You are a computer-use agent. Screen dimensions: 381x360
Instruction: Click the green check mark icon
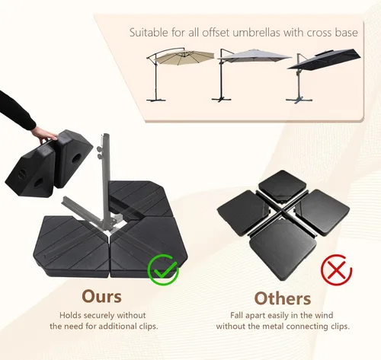coord(164,270)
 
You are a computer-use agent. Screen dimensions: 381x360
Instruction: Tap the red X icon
coord(336,269)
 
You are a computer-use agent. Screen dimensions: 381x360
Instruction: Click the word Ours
coord(101,296)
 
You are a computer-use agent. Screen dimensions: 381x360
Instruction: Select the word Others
coord(283,298)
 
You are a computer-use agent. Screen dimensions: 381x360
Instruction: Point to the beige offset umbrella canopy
coord(184,57)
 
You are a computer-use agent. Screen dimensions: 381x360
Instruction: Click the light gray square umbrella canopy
coord(254,56)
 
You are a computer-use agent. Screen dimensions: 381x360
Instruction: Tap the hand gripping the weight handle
coord(43,135)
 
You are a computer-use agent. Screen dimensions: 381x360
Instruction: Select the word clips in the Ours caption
coord(148,327)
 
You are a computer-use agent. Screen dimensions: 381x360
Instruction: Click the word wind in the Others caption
coord(324,315)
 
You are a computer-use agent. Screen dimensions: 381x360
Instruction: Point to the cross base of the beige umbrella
coord(156,99)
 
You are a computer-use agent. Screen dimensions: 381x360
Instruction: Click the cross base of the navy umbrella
coord(299,100)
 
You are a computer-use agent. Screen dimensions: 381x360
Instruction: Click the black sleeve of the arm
coord(16,110)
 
